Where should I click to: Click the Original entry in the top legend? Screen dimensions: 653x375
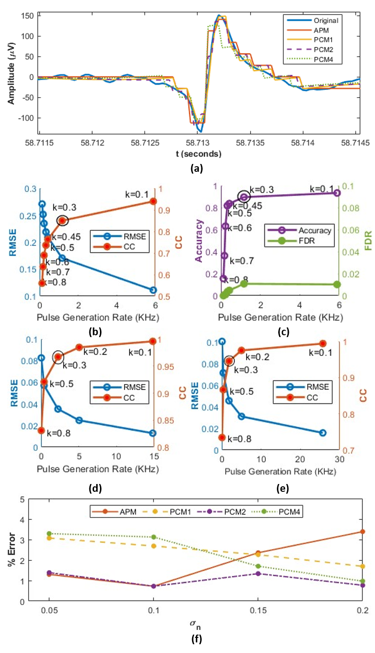coord(326,21)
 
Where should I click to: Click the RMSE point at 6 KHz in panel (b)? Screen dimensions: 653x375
coord(153,290)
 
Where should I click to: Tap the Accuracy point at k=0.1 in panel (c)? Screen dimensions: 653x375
coord(337,192)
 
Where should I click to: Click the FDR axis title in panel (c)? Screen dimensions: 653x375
coord(367,240)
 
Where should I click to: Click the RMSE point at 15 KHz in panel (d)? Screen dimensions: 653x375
coord(152,433)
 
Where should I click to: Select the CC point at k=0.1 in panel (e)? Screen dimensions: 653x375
coord(322,343)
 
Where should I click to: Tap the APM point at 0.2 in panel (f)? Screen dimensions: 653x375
coord(363,531)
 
